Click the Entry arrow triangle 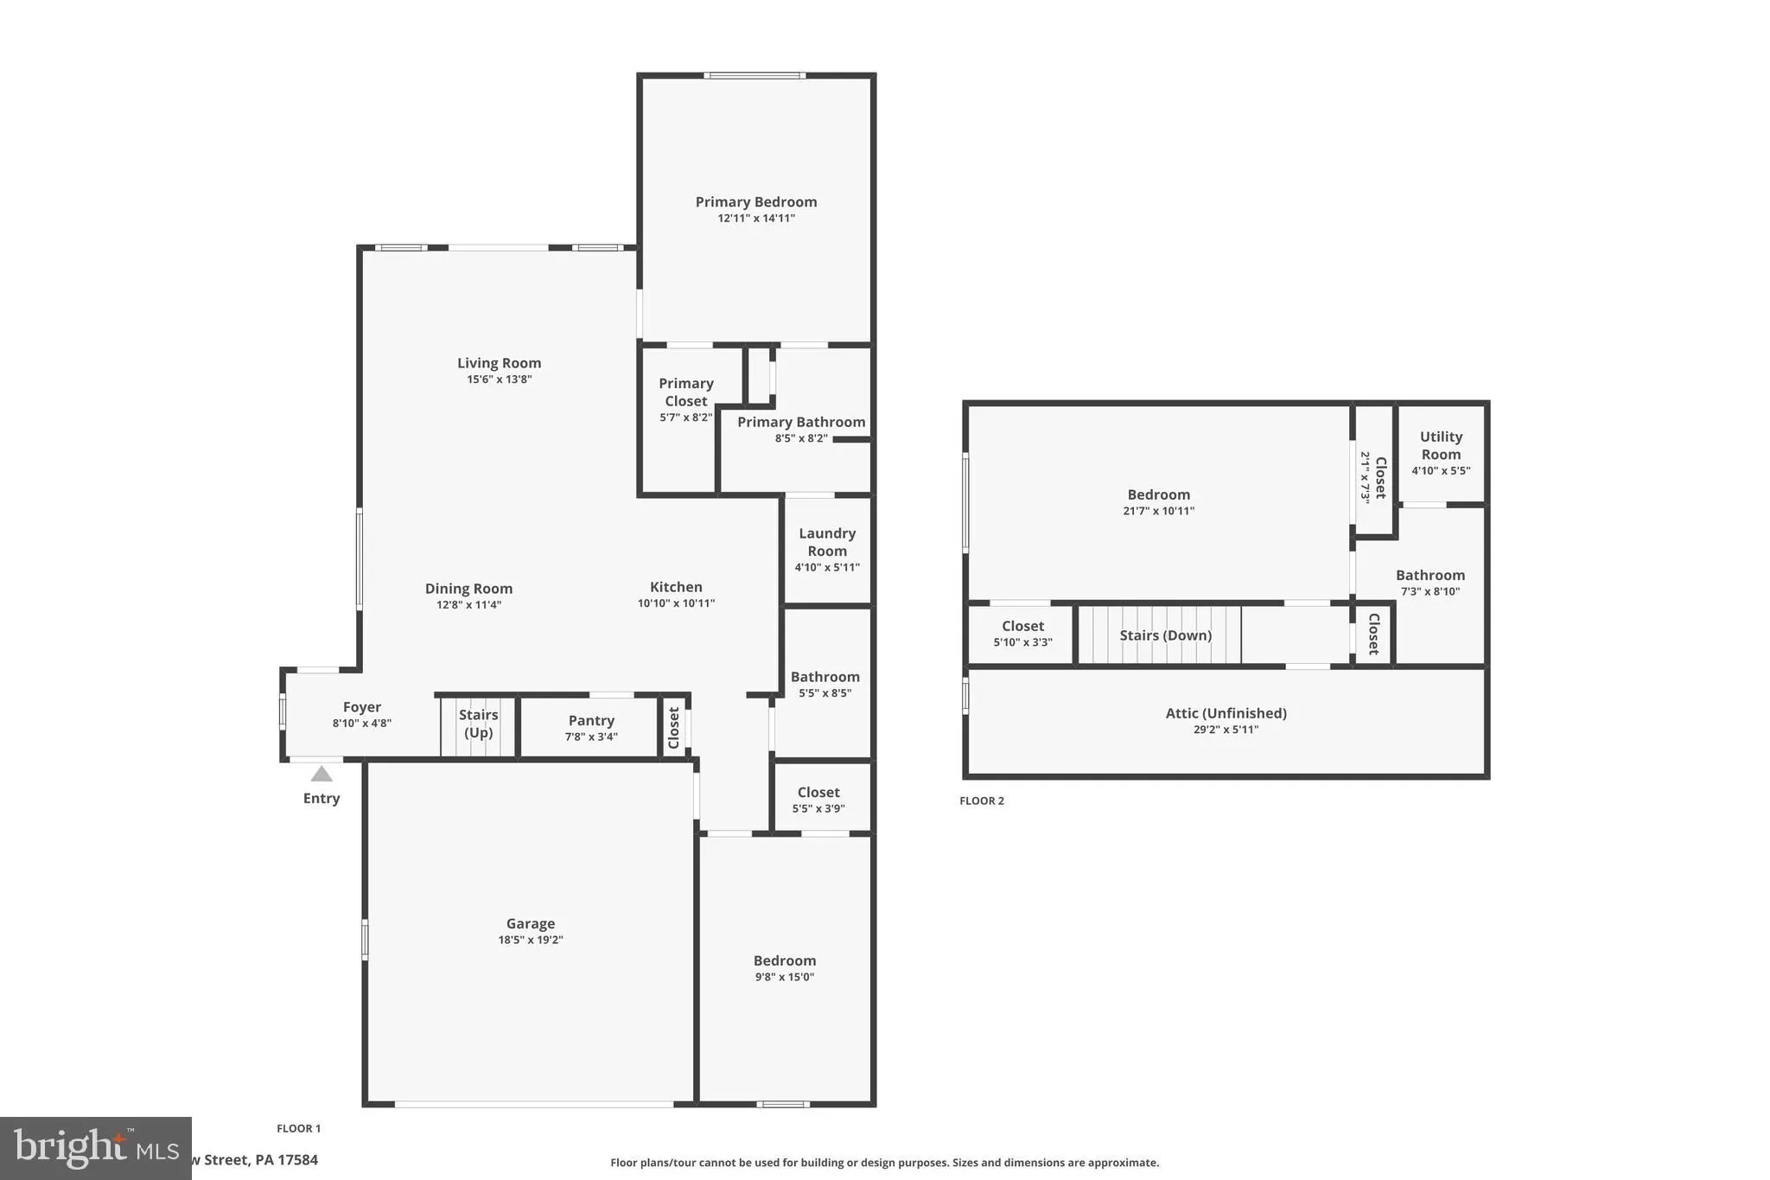click(x=322, y=774)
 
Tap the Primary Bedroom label click(x=756, y=201)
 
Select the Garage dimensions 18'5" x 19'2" click(x=530, y=940)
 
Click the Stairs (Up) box click(x=478, y=724)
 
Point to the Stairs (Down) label click(x=1165, y=635)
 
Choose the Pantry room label click(x=591, y=720)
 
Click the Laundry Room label click(x=827, y=542)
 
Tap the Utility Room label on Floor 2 click(x=1441, y=445)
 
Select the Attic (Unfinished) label click(x=1226, y=713)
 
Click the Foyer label click(x=361, y=707)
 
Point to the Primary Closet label click(x=686, y=392)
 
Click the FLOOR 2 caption click(x=982, y=800)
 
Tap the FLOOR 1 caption click(x=298, y=1128)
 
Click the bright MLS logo click(x=95, y=1148)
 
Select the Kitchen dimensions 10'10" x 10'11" click(x=676, y=603)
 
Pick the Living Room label click(x=499, y=363)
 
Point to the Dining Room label click(x=468, y=589)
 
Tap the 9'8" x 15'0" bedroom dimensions click(x=784, y=977)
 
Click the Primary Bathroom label click(x=800, y=422)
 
